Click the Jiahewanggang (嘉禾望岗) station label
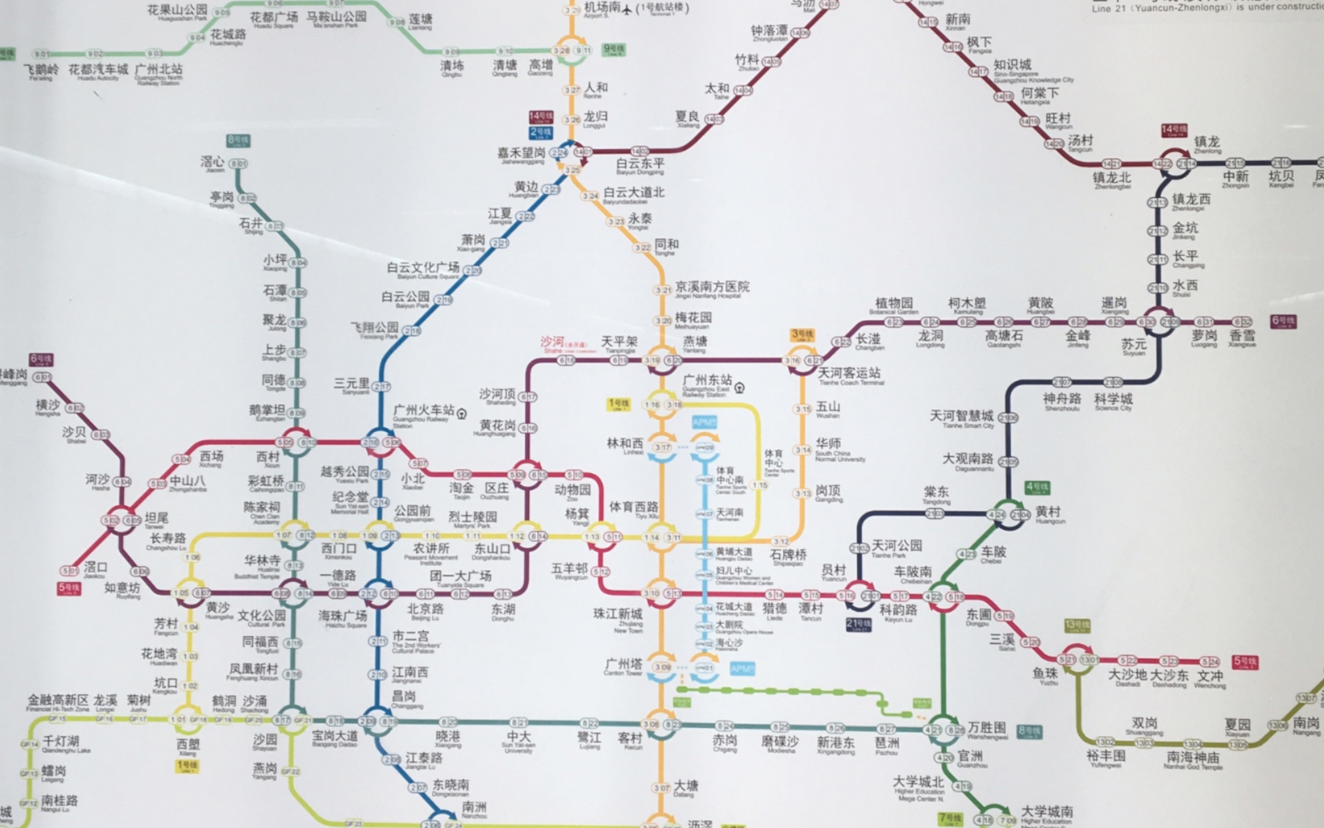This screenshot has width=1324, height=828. pyautogui.click(x=521, y=154)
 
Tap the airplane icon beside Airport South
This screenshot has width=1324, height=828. pyautogui.click(x=627, y=9)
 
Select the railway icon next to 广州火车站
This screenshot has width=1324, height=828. pyautogui.click(x=462, y=413)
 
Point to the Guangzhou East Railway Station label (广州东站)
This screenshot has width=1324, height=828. pyautogui.click(x=707, y=380)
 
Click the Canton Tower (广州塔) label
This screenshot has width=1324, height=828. pyautogui.click(x=623, y=665)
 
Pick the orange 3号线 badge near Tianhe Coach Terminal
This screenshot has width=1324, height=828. pyautogui.click(x=802, y=335)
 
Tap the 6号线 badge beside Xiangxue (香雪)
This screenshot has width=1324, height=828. pyautogui.click(x=1283, y=321)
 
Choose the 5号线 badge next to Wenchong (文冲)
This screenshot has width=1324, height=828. pyautogui.click(x=1245, y=661)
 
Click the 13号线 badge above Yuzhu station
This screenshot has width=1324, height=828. pyautogui.click(x=1077, y=625)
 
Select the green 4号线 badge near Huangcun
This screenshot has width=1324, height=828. pyautogui.click(x=1037, y=487)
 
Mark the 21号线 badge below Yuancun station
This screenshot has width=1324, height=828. pyautogui.click(x=858, y=623)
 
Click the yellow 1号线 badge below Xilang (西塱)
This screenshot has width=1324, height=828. pyautogui.click(x=187, y=766)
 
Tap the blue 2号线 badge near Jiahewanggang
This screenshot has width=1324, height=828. pyautogui.click(x=541, y=132)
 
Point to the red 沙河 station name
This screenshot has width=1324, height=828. pyautogui.click(x=553, y=342)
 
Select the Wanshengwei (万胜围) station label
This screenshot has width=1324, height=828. pyautogui.click(x=986, y=728)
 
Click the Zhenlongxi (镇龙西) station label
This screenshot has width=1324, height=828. pyautogui.click(x=1191, y=199)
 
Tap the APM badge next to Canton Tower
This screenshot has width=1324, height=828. pyautogui.click(x=742, y=669)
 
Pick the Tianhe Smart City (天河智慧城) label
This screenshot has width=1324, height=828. pyautogui.click(x=961, y=415)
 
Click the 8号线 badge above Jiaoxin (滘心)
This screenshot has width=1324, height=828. pyautogui.click(x=238, y=140)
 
